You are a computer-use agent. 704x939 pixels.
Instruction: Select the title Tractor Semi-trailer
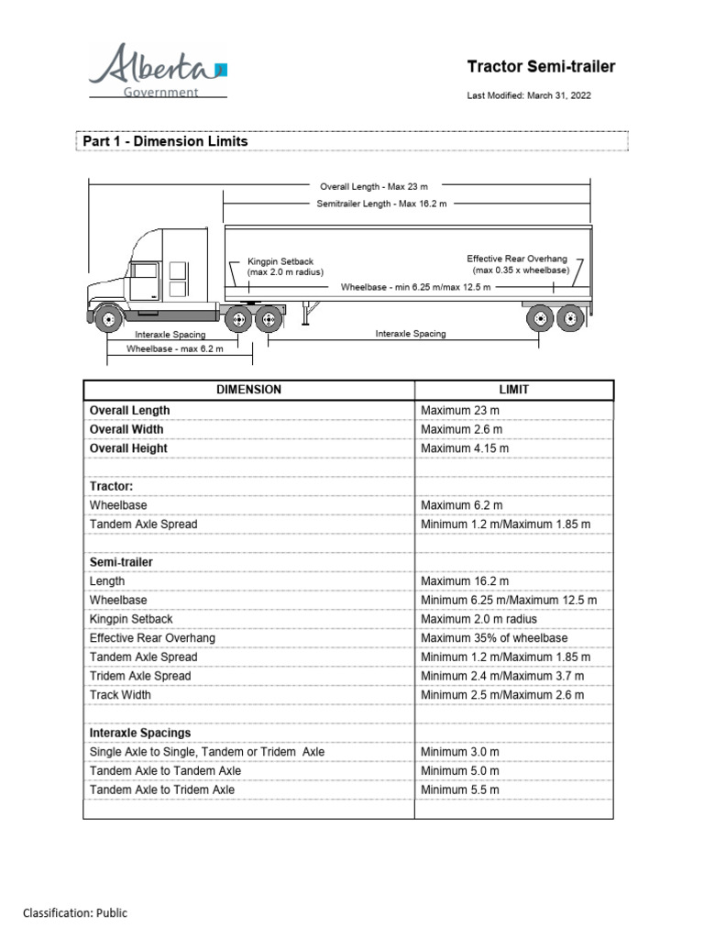coord(541,67)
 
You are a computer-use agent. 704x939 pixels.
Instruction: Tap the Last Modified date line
coord(529,95)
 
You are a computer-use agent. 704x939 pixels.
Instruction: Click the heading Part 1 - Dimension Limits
coord(166,142)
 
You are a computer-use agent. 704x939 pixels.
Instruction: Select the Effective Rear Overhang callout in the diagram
coord(518,265)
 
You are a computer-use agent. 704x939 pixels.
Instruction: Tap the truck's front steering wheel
coord(109,320)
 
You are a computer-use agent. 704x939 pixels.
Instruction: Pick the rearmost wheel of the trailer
coord(570,319)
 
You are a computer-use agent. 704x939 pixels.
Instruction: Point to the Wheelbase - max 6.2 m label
coord(175,348)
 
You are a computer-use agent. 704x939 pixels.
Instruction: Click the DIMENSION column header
coord(248,390)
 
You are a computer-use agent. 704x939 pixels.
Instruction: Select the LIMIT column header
coord(515,390)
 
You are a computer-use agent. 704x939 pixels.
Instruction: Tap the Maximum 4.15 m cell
coord(465,448)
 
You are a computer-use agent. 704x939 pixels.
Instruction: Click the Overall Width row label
coord(128,429)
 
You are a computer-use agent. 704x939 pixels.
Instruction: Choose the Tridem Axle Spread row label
coord(140,676)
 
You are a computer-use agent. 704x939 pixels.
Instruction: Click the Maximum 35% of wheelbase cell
coord(494,638)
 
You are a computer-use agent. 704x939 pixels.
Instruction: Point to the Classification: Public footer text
coord(75,913)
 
